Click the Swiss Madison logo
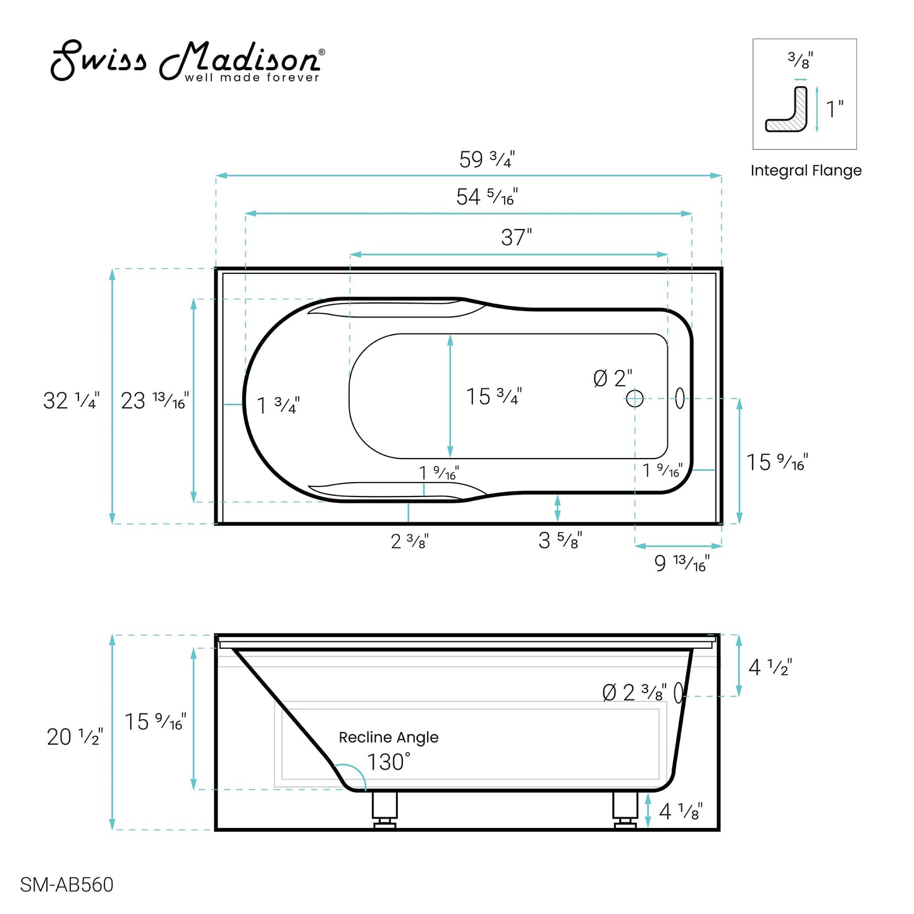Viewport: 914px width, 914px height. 187,62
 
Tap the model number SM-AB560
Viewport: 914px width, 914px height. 66,884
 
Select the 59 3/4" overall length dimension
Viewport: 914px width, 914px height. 486,159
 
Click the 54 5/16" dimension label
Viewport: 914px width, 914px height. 486,197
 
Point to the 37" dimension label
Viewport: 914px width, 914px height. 516,238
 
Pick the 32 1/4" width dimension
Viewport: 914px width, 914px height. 71,400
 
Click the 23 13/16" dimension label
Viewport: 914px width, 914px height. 154,400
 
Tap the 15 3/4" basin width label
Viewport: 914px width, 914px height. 493,397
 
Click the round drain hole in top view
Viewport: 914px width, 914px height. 634,398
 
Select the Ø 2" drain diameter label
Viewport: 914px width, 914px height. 612,378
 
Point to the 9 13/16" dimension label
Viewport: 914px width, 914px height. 681,562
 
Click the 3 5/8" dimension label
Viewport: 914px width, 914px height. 560,540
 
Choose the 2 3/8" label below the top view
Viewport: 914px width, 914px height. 409,541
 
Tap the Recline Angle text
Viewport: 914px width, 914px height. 388,738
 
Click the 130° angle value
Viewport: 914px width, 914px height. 388,762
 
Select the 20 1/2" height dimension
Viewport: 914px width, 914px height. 75,736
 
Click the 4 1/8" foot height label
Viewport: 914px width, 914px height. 681,811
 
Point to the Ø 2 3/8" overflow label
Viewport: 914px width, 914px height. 634,693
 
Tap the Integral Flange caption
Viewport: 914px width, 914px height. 806,171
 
